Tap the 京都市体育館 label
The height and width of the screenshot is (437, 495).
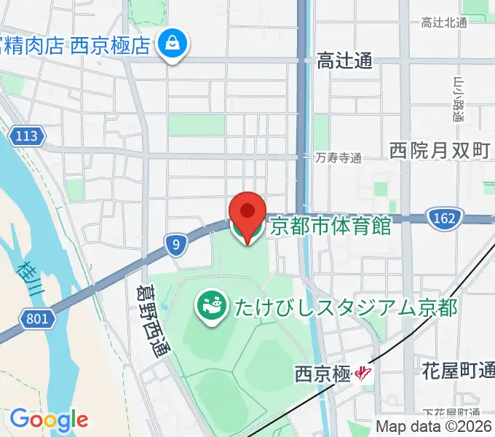pyautogui.click(x=330, y=226)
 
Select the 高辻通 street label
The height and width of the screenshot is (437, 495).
pyautogui.click(x=344, y=62)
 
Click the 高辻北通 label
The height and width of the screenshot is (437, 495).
pyautogui.click(x=443, y=23)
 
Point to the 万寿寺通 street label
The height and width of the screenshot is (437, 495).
pyautogui.click(x=338, y=157)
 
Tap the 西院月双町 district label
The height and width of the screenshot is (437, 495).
pyautogui.click(x=440, y=151)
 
